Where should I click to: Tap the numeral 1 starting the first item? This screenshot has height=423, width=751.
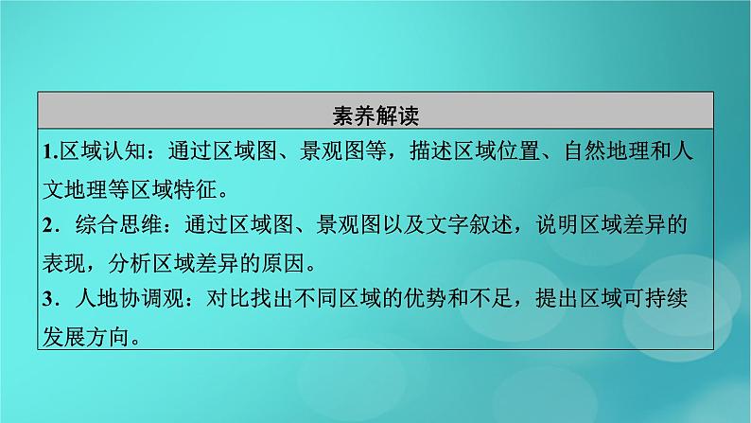(48, 150)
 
